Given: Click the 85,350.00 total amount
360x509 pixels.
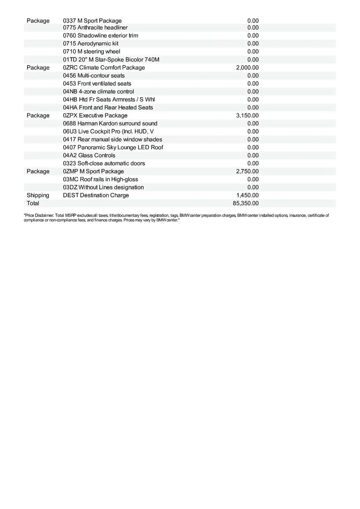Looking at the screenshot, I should tap(245, 203).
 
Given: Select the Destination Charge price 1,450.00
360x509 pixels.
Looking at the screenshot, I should tap(247, 195).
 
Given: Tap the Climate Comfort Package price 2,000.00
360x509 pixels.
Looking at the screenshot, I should tap(247, 67).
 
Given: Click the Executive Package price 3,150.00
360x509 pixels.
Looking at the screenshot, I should tap(247, 115).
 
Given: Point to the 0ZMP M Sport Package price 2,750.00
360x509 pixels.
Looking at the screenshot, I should tap(247, 171).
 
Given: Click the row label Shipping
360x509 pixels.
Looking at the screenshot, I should tap(38, 195).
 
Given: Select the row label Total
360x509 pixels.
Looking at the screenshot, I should tap(33, 203).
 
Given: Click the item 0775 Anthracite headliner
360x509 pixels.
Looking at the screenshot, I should tap(95, 28).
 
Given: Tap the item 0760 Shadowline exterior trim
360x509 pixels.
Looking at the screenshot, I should tap(100, 36).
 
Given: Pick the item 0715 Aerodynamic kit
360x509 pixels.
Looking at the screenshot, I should tap(90, 44).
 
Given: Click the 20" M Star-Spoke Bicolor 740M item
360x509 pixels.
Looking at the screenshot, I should tap(111, 59).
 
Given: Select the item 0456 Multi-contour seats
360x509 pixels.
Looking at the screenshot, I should tap(94, 76).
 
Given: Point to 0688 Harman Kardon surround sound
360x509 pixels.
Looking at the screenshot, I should tap(110, 123).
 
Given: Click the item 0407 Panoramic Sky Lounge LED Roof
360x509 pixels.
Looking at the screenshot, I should tap(113, 147).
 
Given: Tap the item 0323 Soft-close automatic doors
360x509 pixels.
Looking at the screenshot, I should tap(104, 163).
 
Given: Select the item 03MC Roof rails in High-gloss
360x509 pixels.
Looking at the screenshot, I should tap(100, 179).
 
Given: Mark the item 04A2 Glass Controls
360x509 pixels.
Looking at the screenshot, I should tap(89, 155).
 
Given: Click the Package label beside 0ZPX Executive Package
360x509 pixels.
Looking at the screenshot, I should tap(38, 115).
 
